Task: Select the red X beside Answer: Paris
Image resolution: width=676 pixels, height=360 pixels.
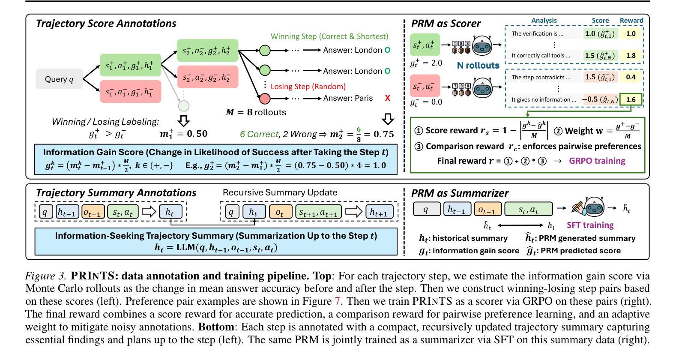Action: (x=388, y=98)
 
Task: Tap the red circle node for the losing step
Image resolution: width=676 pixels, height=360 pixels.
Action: (x=265, y=99)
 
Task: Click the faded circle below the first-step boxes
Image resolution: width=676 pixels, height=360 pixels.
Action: (x=183, y=105)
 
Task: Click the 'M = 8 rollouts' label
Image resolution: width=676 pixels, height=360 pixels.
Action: (x=256, y=112)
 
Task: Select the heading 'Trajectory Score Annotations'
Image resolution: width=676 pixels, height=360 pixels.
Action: (x=106, y=23)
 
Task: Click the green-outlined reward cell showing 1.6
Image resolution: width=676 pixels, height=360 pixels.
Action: (x=631, y=99)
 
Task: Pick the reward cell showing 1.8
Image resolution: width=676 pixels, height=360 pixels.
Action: (x=631, y=55)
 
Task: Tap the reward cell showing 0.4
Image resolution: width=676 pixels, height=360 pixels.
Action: (x=631, y=77)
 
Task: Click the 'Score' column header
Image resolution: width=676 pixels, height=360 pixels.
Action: (x=600, y=21)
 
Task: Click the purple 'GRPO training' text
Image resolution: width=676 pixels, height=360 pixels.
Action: (x=597, y=161)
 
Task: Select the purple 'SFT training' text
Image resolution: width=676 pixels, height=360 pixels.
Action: (x=590, y=225)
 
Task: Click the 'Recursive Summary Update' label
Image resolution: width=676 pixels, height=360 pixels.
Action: (x=280, y=192)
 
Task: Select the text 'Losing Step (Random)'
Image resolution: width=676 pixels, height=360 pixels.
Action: (x=308, y=87)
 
